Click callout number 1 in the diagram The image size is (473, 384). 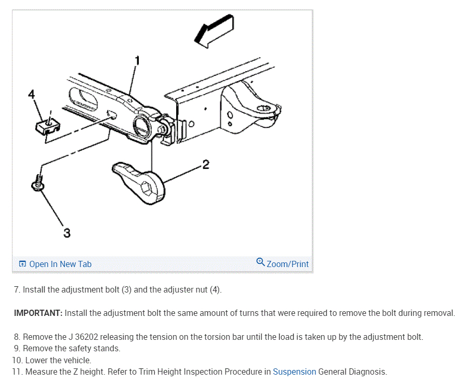(x=137, y=60)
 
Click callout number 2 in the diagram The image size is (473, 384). (x=206, y=165)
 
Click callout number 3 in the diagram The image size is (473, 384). (x=67, y=233)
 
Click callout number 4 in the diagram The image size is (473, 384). (x=32, y=94)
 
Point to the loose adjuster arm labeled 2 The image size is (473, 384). (x=138, y=178)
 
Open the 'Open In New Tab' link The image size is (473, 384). (x=60, y=264)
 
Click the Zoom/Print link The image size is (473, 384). (x=287, y=264)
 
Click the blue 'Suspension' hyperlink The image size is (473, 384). (x=294, y=372)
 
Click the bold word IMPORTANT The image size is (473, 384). (x=38, y=313)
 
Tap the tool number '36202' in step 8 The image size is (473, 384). (x=88, y=337)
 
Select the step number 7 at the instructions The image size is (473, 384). (x=17, y=289)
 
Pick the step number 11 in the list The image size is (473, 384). (x=17, y=372)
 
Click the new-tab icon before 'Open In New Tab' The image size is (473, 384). (x=22, y=264)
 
